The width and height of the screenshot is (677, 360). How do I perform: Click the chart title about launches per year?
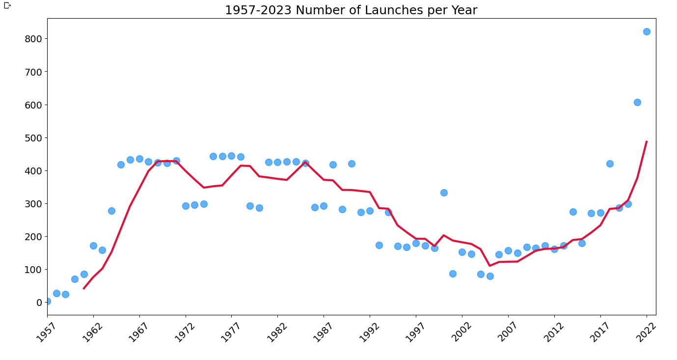(x=351, y=10)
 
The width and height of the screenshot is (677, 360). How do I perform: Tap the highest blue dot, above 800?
(x=647, y=31)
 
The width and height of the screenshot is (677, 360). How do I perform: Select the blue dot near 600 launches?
(x=637, y=102)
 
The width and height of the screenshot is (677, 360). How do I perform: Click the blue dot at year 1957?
(x=47, y=301)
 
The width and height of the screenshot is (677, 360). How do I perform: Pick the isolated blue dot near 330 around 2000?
(x=444, y=193)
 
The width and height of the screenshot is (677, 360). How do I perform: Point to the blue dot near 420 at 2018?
(x=610, y=164)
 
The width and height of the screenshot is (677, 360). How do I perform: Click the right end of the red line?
(x=647, y=141)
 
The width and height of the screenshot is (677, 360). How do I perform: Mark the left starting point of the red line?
(x=84, y=288)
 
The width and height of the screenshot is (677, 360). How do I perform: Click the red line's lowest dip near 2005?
(x=490, y=266)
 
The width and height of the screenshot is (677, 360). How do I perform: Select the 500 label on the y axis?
(x=33, y=138)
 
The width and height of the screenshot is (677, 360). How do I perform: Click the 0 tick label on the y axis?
(x=39, y=303)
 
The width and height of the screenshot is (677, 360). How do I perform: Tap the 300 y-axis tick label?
(x=33, y=203)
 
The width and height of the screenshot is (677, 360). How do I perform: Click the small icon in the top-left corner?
(x=7, y=5)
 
